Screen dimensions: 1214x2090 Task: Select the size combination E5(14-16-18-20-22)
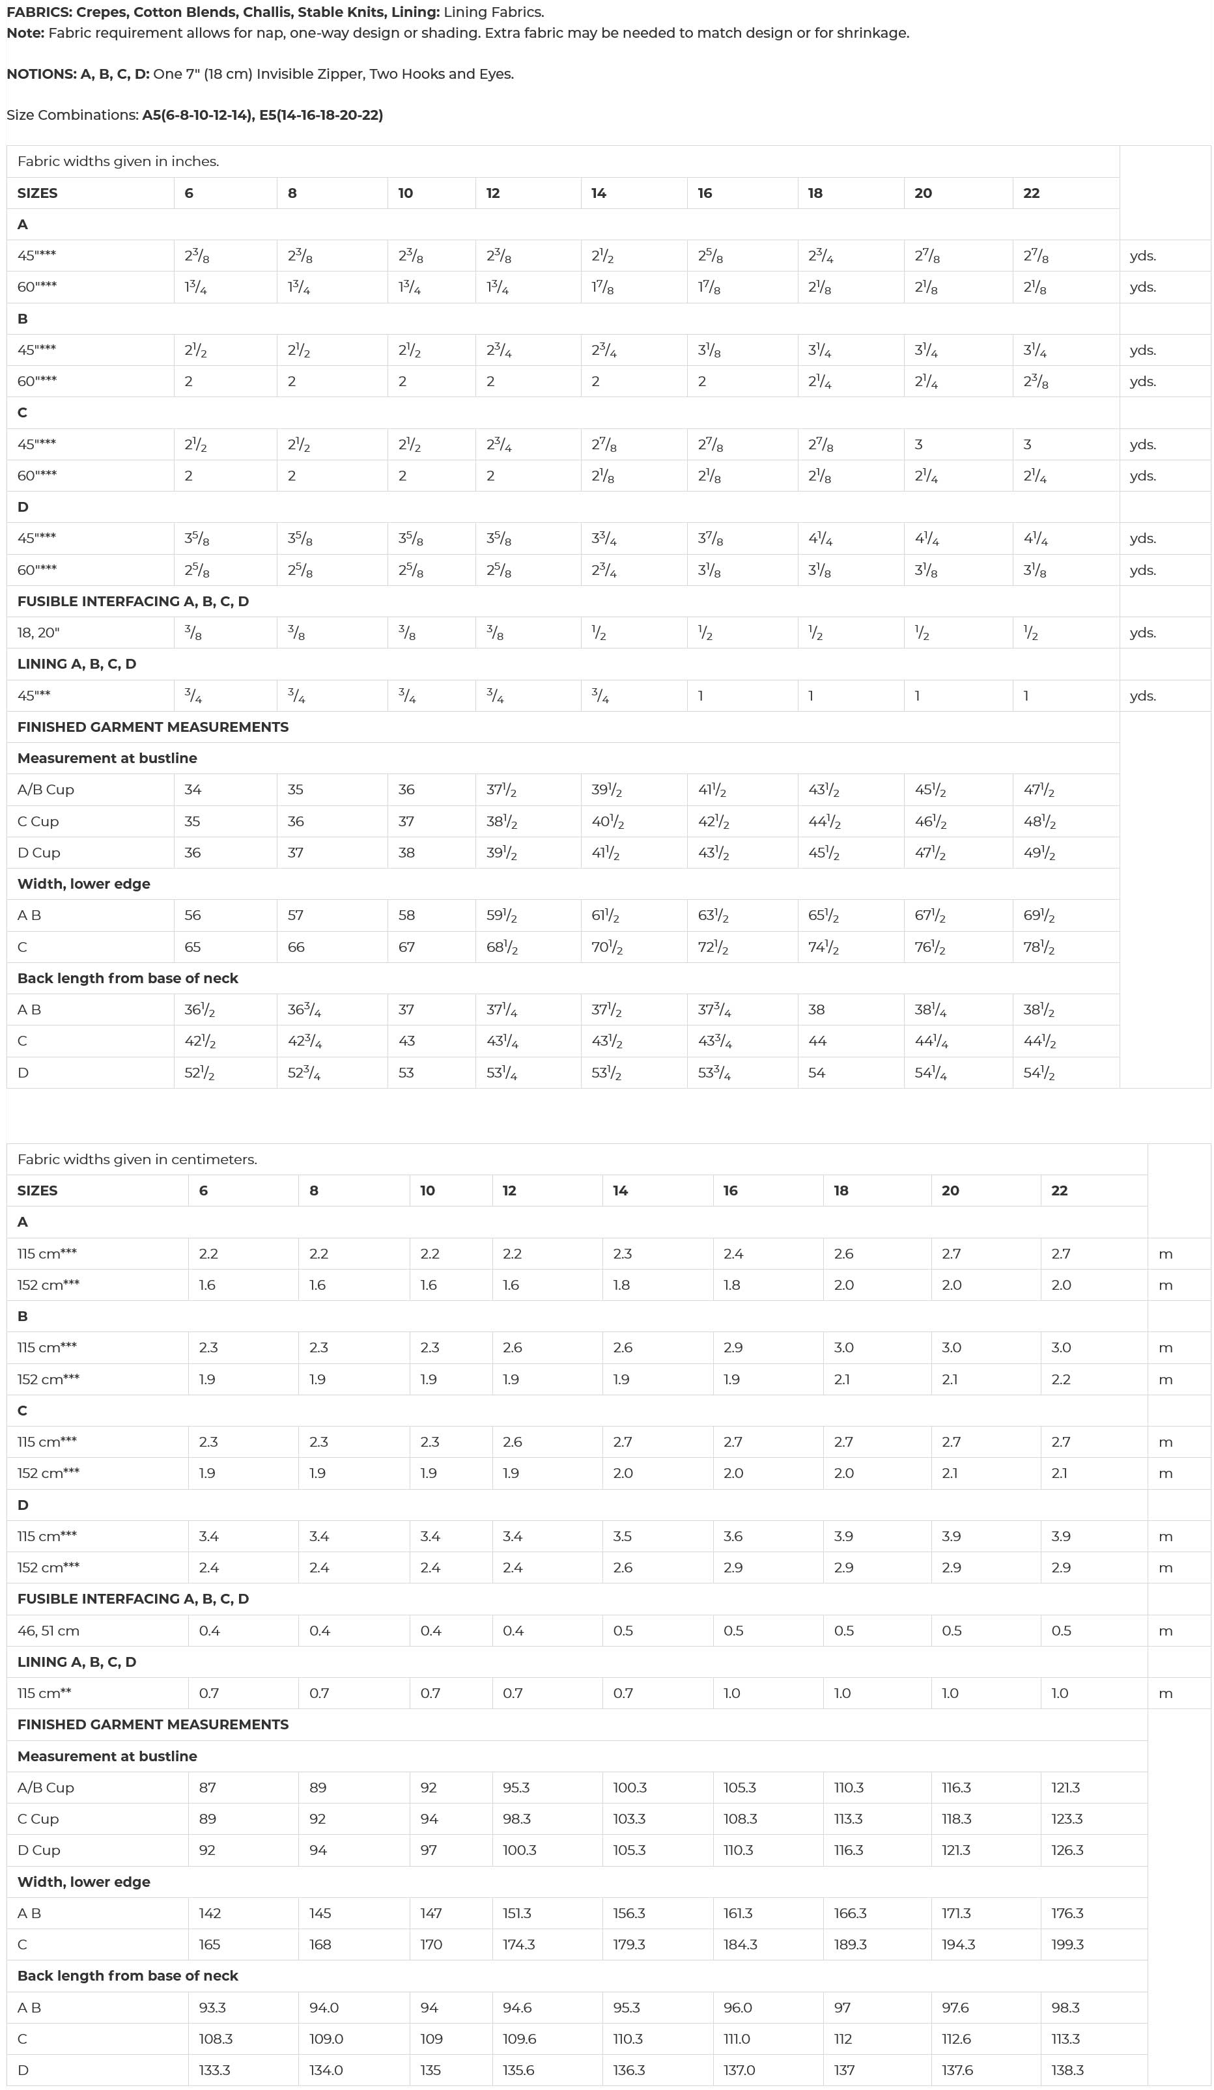click(x=321, y=115)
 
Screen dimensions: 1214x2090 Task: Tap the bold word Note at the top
click(x=25, y=33)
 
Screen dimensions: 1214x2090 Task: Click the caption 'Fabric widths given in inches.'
click(x=118, y=161)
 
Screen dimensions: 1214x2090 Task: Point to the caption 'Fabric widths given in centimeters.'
click(x=137, y=1160)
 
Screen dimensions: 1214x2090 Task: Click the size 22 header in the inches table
click(x=1032, y=193)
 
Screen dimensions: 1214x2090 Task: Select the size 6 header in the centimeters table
click(x=203, y=1191)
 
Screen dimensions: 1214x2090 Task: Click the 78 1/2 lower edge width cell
click(x=1039, y=947)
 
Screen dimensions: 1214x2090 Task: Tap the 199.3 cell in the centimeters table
click(x=1067, y=1945)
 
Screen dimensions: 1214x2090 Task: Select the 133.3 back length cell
click(x=214, y=2071)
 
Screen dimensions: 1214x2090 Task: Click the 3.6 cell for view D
click(x=733, y=1537)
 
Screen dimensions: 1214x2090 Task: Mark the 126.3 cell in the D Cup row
click(x=1067, y=1850)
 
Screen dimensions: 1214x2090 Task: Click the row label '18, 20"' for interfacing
click(x=38, y=633)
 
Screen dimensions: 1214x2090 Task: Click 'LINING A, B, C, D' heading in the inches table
click(x=76, y=664)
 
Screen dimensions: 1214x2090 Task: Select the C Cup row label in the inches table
click(x=38, y=822)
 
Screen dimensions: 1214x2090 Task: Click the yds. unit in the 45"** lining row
click(x=1142, y=697)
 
